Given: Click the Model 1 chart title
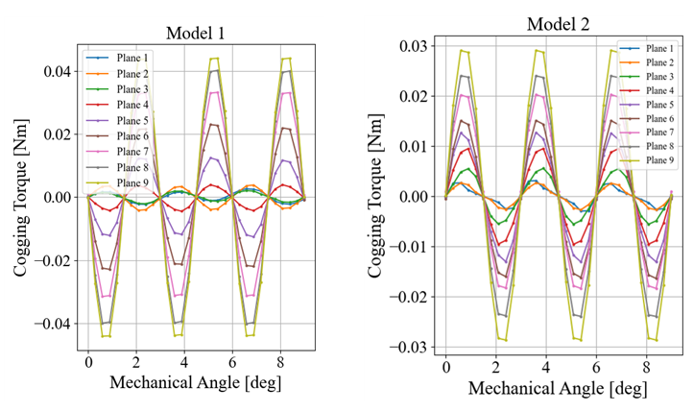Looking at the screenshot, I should pyautogui.click(x=196, y=33).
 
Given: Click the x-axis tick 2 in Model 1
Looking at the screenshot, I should pyautogui.click(x=136, y=365).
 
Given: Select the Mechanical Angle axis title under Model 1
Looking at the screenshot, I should pyautogui.click(x=196, y=383).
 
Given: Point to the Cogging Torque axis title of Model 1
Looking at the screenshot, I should pyautogui.click(x=21, y=197).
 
